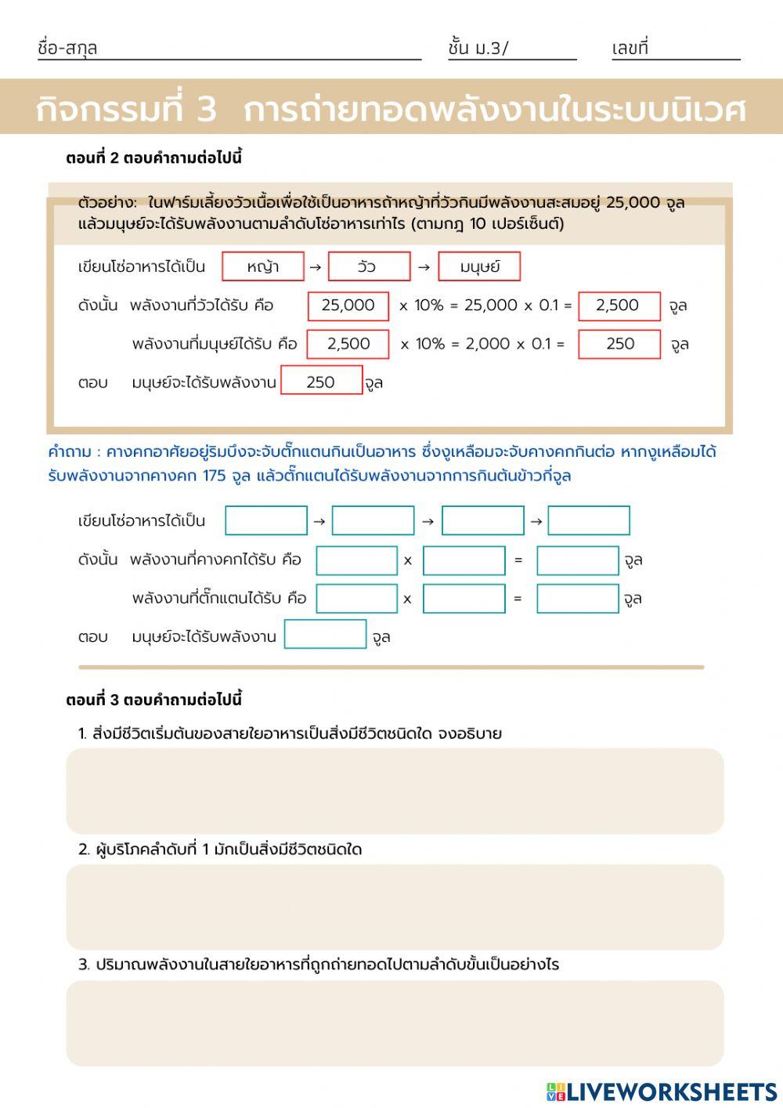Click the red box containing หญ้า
263,266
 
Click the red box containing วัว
369,266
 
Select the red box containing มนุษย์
479,266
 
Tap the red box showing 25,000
348,306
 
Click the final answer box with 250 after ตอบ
321,382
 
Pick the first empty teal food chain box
266,520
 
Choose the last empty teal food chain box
589,520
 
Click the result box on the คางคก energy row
578,560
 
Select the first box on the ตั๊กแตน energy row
356,599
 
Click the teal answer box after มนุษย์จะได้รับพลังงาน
325,635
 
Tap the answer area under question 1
395,791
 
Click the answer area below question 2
395,907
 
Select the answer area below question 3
395,1023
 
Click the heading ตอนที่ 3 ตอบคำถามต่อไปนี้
154,700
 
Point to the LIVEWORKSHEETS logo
662,1092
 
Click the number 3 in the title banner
206,108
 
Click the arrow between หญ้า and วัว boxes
316,267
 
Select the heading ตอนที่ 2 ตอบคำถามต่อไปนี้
154,158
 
